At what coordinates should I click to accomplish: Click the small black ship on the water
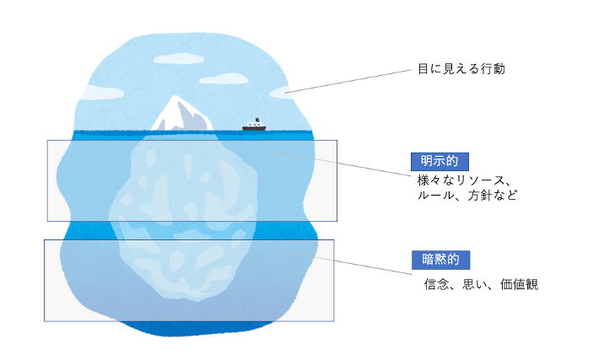tap(254, 125)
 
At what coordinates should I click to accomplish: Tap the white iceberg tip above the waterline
tap(181, 114)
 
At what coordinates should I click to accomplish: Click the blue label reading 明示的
tap(440, 161)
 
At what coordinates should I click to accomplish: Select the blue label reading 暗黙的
tap(440, 260)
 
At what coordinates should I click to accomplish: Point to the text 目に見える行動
tap(461, 69)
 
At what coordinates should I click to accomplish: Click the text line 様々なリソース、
tap(464, 180)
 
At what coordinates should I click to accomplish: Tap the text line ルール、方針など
tap(467, 196)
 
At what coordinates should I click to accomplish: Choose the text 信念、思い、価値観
tap(481, 284)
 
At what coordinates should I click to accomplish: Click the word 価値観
tap(520, 284)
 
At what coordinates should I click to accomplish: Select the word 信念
tap(437, 284)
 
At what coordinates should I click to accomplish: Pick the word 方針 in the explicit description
tap(480, 196)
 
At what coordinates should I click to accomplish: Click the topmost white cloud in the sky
tap(179, 59)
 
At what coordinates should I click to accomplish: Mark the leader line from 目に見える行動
tap(348, 81)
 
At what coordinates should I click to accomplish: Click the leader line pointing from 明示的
tap(346, 164)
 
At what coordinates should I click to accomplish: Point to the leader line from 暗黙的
tap(347, 262)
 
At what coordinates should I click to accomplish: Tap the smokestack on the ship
tap(257, 120)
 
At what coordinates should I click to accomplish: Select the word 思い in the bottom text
tap(475, 284)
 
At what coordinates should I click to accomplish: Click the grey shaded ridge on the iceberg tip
tap(192, 116)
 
